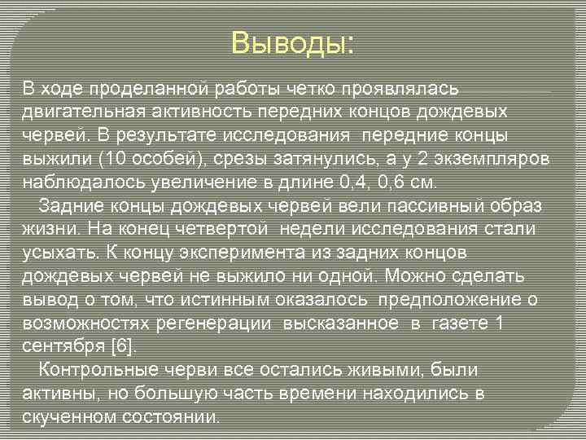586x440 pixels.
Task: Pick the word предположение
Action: (452, 299)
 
